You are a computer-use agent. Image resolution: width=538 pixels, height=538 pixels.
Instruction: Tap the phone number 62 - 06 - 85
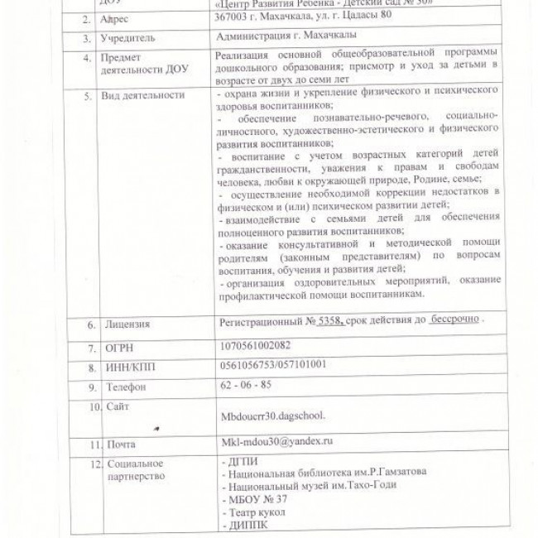(x=240, y=385)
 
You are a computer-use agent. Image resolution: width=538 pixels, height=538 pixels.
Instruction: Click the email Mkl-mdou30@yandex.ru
(x=272, y=443)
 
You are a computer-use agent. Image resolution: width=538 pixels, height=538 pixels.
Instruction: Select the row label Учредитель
(x=128, y=38)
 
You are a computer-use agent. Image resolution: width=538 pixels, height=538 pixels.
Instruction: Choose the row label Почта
(x=121, y=445)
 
